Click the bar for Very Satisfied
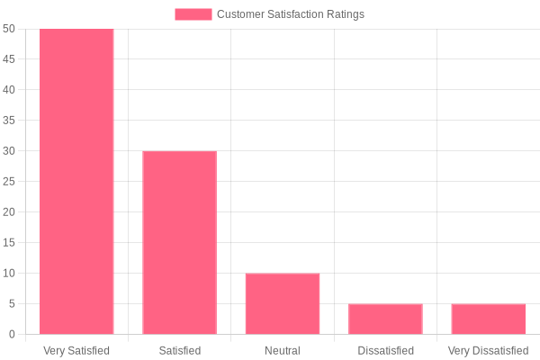(x=76, y=182)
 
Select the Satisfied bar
(x=179, y=243)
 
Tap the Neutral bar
(x=283, y=304)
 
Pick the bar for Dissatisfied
(x=385, y=319)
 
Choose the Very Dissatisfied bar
(x=488, y=319)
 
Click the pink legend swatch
(x=193, y=14)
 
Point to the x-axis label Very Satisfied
(x=76, y=350)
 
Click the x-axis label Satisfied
(x=179, y=350)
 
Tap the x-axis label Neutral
(x=283, y=350)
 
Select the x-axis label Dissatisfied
(x=385, y=350)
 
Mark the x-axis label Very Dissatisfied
(x=488, y=350)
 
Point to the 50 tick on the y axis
(x=9, y=29)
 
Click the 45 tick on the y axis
(x=9, y=59)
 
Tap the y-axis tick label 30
(x=9, y=151)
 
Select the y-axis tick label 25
(x=9, y=182)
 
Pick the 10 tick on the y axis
(x=9, y=274)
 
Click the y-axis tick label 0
(x=12, y=335)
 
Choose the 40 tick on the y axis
(x=9, y=90)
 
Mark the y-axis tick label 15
(x=9, y=243)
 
